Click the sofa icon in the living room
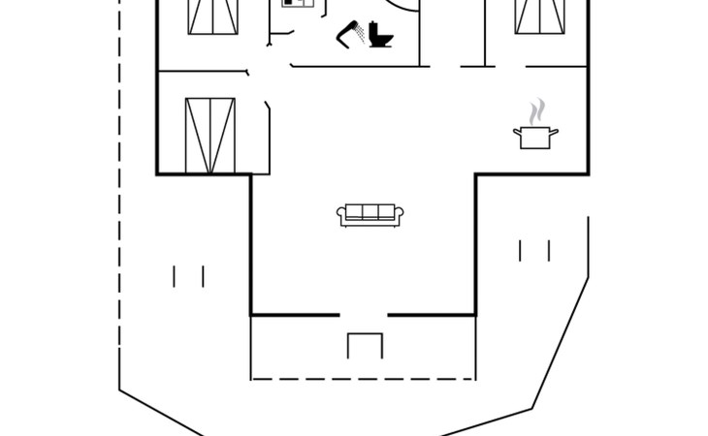tap(369, 215)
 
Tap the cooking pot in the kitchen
tap(535, 137)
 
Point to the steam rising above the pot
tap(535, 109)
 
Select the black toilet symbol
tap(380, 37)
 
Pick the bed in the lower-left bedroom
tap(209, 135)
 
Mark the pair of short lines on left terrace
tap(188, 276)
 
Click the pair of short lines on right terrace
tap(534, 250)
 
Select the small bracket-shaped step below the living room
tap(366, 345)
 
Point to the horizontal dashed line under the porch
tap(363, 378)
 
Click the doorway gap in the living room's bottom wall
tap(363, 314)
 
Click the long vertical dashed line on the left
tap(119, 194)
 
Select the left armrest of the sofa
tap(341, 215)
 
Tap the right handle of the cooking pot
tap(556, 131)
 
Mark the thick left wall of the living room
tap(251, 242)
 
